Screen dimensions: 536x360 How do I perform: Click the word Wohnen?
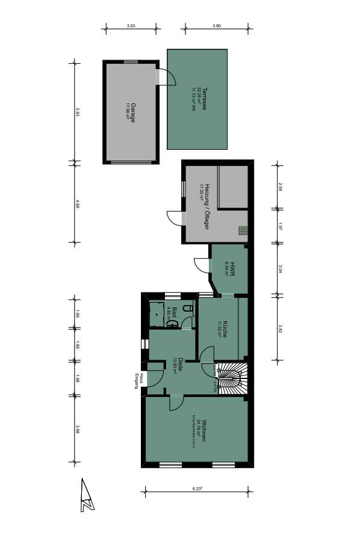tap(205, 430)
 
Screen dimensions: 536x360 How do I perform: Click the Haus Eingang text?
tap(140, 381)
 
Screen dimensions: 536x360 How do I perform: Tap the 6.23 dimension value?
tap(197, 489)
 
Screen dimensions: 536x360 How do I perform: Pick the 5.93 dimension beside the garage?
tap(78, 112)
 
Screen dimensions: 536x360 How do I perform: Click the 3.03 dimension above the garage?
tap(131, 26)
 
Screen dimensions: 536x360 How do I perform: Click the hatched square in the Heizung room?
tap(242, 229)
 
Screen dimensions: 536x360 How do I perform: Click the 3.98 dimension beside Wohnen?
tap(78, 428)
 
